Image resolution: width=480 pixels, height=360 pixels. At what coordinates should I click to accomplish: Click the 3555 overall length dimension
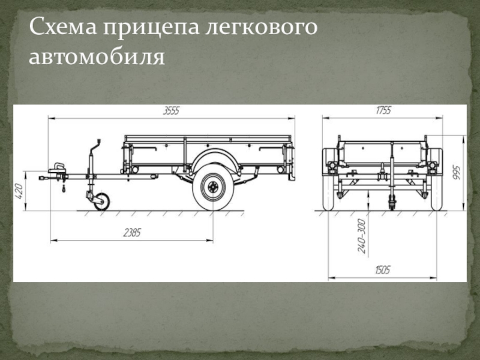point(171,111)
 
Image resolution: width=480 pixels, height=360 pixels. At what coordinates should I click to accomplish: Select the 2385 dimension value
point(132,233)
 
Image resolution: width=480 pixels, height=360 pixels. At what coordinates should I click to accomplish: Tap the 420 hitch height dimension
point(19,191)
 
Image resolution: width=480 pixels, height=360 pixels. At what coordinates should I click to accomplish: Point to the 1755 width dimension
point(383,110)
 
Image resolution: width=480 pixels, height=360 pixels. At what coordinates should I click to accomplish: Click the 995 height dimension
point(457,172)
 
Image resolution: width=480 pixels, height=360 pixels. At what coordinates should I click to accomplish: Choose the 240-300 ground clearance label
point(362,236)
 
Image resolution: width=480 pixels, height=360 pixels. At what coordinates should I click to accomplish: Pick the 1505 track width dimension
point(383,270)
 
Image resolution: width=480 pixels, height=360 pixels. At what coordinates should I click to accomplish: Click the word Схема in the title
point(63,27)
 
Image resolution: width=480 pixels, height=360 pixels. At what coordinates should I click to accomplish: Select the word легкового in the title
point(261,28)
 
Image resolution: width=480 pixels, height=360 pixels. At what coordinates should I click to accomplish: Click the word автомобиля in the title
point(97,56)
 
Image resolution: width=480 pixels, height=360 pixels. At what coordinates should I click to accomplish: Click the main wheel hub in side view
point(213,187)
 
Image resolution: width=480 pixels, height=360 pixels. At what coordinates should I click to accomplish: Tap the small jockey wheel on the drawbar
point(101,202)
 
